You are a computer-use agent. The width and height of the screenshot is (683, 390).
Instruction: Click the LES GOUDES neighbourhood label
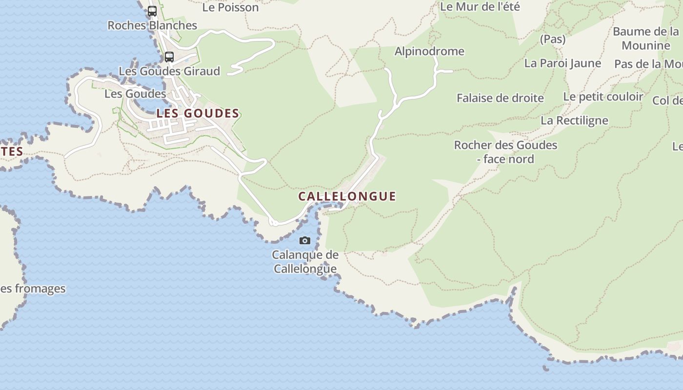198,114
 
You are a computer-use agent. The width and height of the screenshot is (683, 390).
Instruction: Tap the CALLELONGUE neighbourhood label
347,196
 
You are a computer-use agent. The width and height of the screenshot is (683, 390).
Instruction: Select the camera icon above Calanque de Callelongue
305,240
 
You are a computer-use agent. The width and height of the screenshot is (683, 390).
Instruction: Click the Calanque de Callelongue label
305,262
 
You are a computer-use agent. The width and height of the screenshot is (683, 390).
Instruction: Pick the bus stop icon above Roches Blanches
152,11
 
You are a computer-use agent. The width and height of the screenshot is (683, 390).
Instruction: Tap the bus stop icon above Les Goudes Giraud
169,57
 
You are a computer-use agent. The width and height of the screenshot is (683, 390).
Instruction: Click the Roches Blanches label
152,25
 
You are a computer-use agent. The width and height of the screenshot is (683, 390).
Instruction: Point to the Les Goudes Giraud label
169,71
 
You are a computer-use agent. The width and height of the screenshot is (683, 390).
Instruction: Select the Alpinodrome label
429,51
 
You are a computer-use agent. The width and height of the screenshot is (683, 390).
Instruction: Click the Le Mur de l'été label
480,7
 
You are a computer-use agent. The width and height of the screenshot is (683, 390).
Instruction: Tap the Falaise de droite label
500,98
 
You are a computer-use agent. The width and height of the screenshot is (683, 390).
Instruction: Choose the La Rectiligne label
574,120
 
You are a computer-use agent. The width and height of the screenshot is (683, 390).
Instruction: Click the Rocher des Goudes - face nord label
505,152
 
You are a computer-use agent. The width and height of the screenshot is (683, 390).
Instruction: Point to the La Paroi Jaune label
562,63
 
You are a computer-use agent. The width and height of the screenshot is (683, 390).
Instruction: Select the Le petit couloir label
603,97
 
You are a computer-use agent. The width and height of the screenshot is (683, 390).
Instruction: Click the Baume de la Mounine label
646,39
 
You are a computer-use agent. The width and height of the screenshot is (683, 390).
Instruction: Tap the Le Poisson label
230,7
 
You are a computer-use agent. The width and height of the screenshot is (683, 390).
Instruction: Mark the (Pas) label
553,39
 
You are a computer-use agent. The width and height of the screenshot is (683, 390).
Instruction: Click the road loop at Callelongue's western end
273,223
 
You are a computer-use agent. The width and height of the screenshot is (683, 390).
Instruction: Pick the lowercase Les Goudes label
135,94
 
